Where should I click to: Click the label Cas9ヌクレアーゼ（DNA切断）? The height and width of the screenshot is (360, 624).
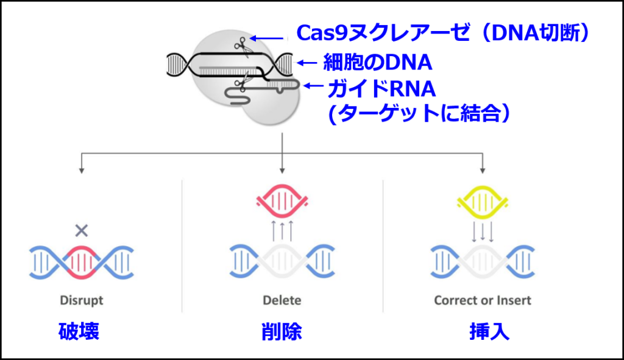click(443, 33)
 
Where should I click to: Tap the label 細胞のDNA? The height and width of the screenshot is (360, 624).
click(377, 63)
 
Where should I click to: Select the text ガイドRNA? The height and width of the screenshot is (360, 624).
click(381, 89)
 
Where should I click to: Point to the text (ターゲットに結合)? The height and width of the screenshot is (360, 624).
click(418, 114)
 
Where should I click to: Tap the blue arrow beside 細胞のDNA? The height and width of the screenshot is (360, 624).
click(307, 63)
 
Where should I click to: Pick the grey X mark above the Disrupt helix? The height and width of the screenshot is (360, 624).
click(82, 230)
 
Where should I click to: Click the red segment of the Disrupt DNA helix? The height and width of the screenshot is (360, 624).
click(82, 263)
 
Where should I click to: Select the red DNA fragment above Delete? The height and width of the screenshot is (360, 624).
click(282, 202)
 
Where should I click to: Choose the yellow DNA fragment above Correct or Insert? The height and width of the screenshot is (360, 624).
click(483, 202)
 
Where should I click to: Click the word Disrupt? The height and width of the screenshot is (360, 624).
click(82, 300)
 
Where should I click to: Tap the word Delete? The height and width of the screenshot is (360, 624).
click(282, 300)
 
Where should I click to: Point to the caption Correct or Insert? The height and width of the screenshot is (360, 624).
click(483, 300)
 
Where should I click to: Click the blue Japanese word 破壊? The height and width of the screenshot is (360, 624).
click(79, 331)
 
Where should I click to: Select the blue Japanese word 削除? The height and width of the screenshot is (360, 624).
click(282, 331)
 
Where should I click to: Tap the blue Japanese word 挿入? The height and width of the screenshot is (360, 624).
click(489, 331)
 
